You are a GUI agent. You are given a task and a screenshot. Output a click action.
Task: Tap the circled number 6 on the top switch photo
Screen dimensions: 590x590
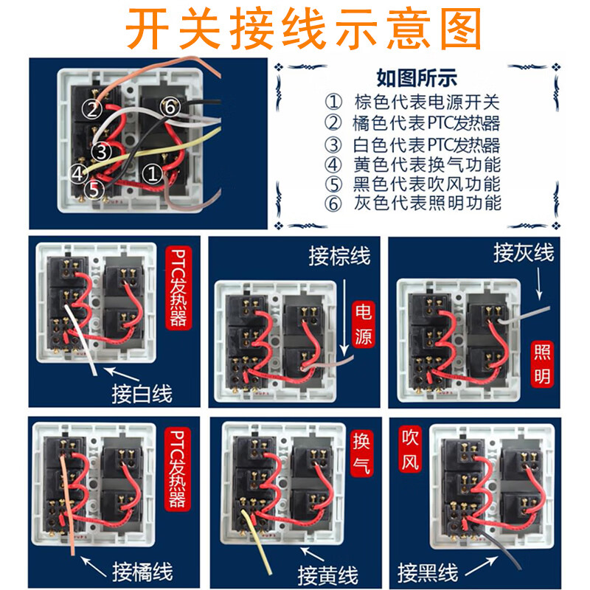169,108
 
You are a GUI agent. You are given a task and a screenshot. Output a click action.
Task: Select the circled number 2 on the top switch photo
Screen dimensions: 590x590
91,111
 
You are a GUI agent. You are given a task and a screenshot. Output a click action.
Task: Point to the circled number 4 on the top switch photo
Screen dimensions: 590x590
78,174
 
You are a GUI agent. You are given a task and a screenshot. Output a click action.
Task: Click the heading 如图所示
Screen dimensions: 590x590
417,77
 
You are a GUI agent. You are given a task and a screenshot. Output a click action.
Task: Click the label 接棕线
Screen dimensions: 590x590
339,257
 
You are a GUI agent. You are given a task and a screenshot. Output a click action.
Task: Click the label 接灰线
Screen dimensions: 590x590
524,254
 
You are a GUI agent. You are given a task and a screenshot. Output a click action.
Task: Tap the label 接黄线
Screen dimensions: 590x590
327,574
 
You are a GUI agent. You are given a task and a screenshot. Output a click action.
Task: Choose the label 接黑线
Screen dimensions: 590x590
428,572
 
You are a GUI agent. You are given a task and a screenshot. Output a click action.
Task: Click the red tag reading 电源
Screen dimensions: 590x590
363,324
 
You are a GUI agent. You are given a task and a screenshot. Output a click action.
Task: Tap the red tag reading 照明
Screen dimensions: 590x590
543,364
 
